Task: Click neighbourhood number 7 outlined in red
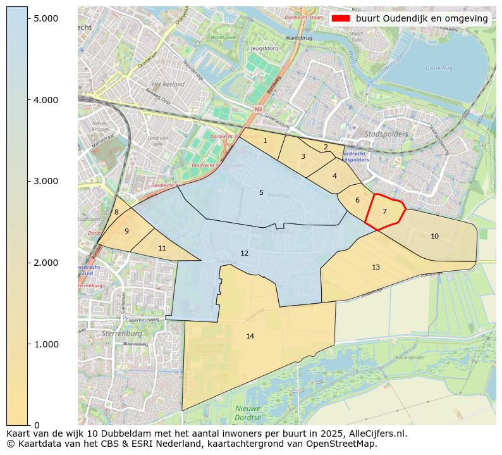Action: pyautogui.click(x=384, y=212)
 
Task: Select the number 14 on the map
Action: pyautogui.click(x=250, y=336)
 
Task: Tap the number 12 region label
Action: pyautogui.click(x=245, y=254)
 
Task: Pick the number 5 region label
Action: pyautogui.click(x=261, y=192)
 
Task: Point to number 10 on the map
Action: pyautogui.click(x=434, y=236)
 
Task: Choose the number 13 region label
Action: pyautogui.click(x=376, y=267)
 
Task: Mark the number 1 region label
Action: pyautogui.click(x=265, y=140)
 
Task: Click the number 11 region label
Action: pyautogui.click(x=162, y=249)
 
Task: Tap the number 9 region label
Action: pyautogui.click(x=126, y=232)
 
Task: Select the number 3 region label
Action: pyautogui.click(x=303, y=156)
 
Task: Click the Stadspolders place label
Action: pyautogui.click(x=386, y=134)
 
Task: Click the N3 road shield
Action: pyautogui.click(x=258, y=109)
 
